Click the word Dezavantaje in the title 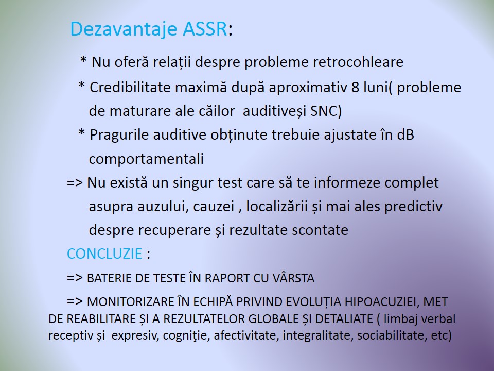coord(123,29)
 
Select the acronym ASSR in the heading coord(205,29)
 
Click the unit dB coord(405,134)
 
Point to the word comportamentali coord(146,159)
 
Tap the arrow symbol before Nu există coord(75,183)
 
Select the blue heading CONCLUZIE coord(104,254)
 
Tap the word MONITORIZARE coord(130,302)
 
